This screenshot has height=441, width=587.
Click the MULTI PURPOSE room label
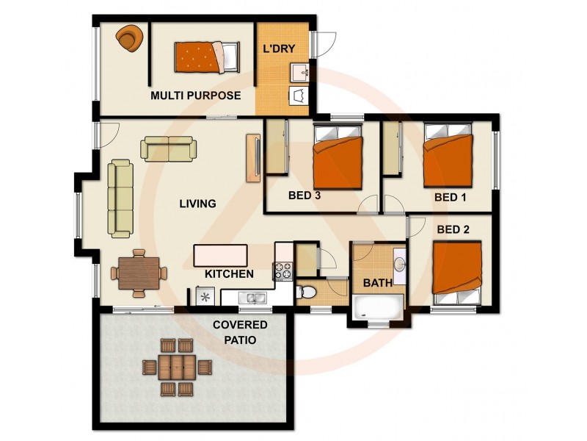point(196,96)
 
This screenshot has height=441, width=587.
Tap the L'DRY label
point(279,50)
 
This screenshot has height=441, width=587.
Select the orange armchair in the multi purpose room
point(131,38)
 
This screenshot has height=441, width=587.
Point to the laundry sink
point(300,73)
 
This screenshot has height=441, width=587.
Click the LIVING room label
point(197,204)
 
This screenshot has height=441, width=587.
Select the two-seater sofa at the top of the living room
point(170,148)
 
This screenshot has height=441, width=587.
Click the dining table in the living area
point(139,273)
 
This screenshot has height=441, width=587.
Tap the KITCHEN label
point(229,274)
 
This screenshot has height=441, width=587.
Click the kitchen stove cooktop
point(284,271)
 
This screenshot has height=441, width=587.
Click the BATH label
point(377,282)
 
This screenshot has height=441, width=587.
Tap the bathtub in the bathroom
point(378,307)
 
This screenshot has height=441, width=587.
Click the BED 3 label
point(304,196)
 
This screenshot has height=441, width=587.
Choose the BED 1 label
point(450,197)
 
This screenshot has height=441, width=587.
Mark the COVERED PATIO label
point(240,332)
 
